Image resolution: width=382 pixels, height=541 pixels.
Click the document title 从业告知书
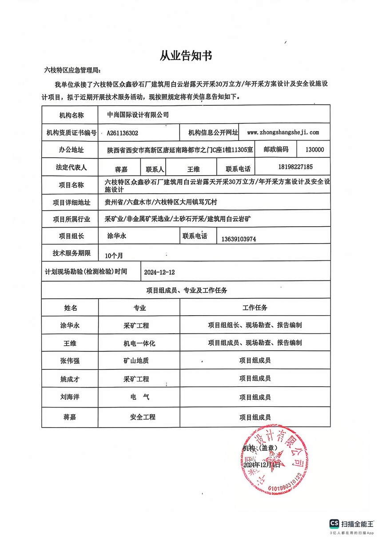pos(186,56)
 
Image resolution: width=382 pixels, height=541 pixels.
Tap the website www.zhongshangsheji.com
pos(283,132)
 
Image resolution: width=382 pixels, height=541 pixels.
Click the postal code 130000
pos(314,150)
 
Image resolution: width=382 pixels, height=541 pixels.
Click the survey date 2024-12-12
pos(159,272)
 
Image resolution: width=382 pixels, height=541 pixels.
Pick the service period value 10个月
pos(114,256)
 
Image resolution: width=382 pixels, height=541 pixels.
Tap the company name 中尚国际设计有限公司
pos(138,115)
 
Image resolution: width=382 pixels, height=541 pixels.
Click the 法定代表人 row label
pos(69,168)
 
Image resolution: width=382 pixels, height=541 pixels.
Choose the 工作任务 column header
pos(255,308)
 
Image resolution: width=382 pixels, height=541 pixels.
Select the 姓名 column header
pos(70,308)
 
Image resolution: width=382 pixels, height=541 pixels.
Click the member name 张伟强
pos(69,361)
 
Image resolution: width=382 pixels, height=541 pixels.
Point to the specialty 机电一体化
pos(139,343)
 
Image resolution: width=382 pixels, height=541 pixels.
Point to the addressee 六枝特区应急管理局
pos(73,71)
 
